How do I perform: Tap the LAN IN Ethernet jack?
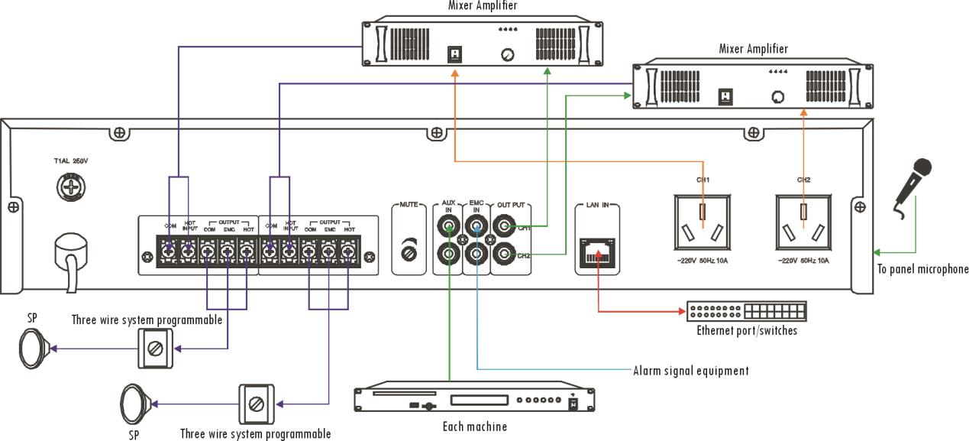pyautogui.click(x=595, y=251)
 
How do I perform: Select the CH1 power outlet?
pyautogui.click(x=703, y=221)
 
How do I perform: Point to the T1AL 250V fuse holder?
pyautogui.click(x=70, y=186)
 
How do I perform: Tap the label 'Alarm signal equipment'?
pyautogui.click(x=691, y=371)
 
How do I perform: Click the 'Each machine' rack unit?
pyautogui.click(x=474, y=399)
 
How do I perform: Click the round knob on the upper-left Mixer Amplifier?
pyautogui.click(x=505, y=54)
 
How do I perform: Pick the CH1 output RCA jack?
pyautogui.click(x=504, y=226)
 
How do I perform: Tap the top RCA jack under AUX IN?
pyautogui.click(x=448, y=226)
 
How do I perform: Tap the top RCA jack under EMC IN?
pyautogui.click(x=476, y=226)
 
